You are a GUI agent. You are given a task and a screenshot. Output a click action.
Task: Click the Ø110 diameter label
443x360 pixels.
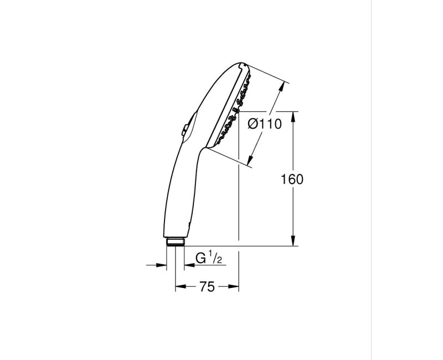(265, 124)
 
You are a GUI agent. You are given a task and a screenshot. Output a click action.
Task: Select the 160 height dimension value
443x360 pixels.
(292, 179)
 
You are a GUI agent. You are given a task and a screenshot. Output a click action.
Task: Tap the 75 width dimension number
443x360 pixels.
(207, 287)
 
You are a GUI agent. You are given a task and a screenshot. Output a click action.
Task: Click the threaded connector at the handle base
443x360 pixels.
(175, 242)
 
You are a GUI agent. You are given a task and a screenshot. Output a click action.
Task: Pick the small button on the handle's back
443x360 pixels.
(185, 130)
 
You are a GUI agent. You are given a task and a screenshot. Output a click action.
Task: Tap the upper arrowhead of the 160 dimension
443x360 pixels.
(293, 117)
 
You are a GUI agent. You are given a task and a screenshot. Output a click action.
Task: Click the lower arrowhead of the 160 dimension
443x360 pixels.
(293, 240)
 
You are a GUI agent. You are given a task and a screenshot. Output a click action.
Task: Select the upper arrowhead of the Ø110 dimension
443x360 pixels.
(281, 88)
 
